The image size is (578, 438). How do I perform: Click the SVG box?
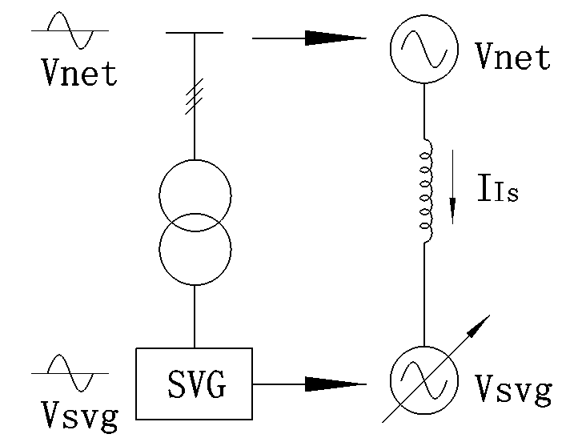[x=194, y=384]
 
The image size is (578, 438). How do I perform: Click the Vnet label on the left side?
[x=79, y=73]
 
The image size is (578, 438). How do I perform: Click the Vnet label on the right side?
[x=512, y=57]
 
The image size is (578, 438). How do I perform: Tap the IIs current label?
[x=497, y=193]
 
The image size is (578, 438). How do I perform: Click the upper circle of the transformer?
[x=195, y=195]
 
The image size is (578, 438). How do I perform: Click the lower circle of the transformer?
[x=195, y=250]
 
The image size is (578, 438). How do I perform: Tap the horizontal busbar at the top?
[x=195, y=33]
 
